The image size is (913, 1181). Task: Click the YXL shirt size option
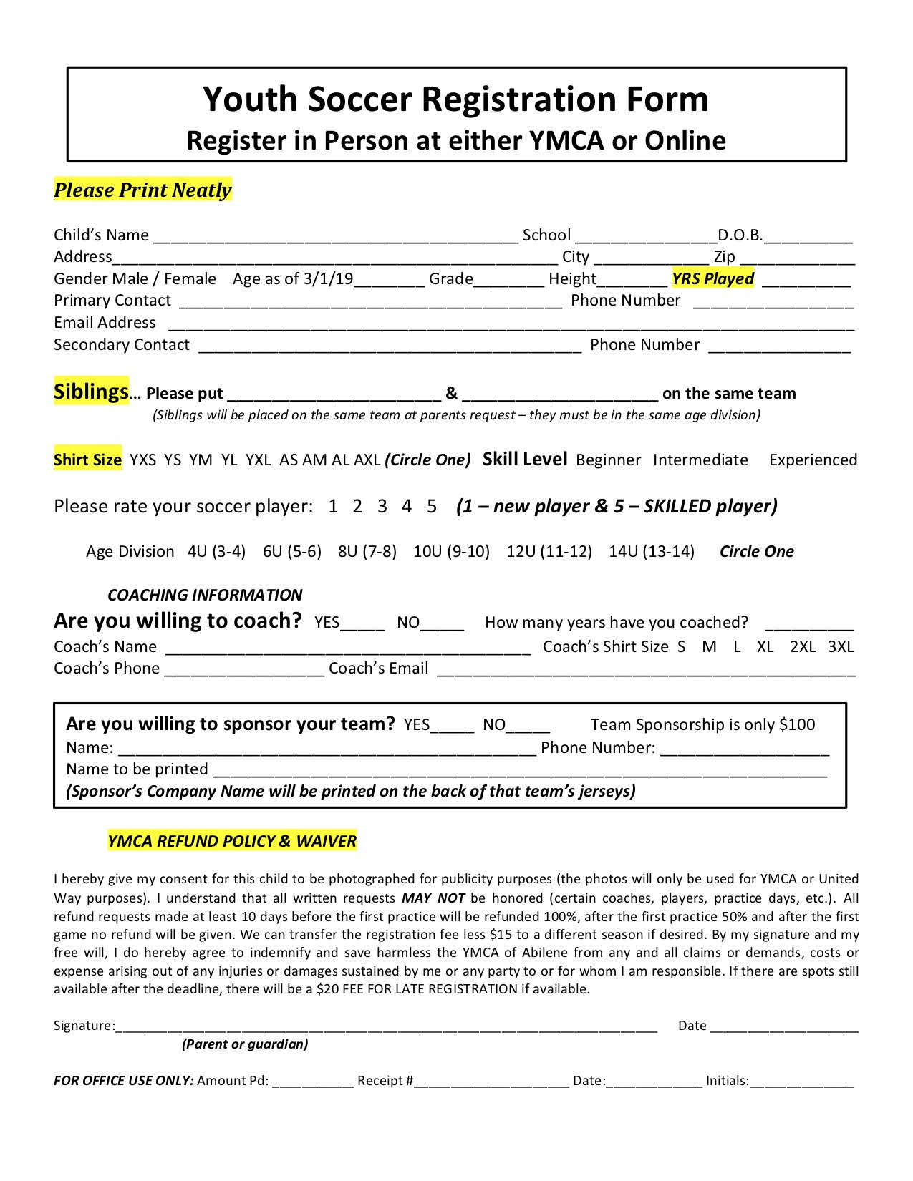tap(258, 460)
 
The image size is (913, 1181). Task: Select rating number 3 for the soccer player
tap(382, 507)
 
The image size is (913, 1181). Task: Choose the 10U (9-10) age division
tap(451, 552)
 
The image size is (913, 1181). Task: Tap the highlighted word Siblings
tap(91, 392)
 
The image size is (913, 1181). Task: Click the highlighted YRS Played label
tap(712, 279)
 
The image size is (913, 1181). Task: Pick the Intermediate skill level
tap(700, 460)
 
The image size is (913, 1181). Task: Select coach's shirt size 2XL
tap(803, 647)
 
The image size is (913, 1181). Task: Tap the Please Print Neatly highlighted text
tap(142, 190)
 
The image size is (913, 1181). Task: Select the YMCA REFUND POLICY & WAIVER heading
tap(232, 841)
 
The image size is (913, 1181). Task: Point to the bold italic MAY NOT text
tap(433, 898)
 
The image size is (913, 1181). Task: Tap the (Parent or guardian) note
tap(245, 1044)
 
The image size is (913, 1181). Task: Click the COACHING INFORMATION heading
tap(205, 595)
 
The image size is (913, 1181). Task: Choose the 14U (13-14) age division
tap(652, 552)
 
